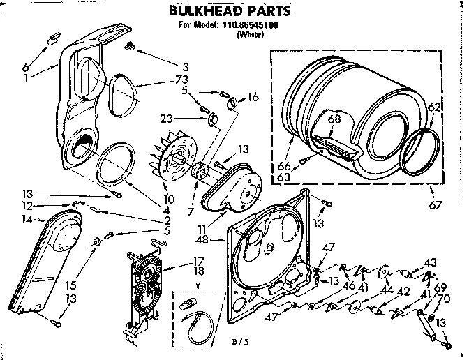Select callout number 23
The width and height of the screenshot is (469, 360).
pyautogui.click(x=169, y=118)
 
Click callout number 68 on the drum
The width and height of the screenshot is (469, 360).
pyautogui.click(x=334, y=119)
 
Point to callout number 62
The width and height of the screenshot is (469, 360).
pyautogui.click(x=434, y=107)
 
